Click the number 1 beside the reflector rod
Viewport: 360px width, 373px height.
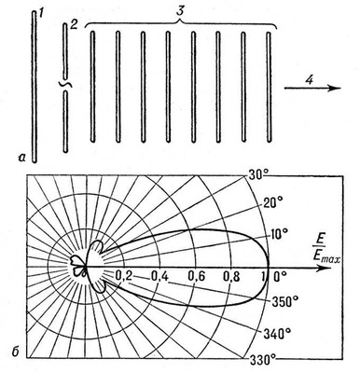click(40, 13)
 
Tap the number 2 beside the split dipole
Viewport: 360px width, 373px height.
click(74, 24)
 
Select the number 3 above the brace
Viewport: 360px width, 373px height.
click(179, 10)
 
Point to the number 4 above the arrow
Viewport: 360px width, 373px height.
click(309, 79)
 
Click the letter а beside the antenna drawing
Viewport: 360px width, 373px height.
click(21, 159)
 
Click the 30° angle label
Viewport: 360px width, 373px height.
click(259, 175)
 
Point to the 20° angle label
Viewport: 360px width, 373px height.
click(273, 203)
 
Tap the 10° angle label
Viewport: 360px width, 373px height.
click(279, 234)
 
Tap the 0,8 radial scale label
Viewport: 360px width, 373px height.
click(233, 276)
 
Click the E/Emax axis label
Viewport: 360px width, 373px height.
click(326, 249)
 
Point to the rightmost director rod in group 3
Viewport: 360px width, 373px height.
click(269, 87)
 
